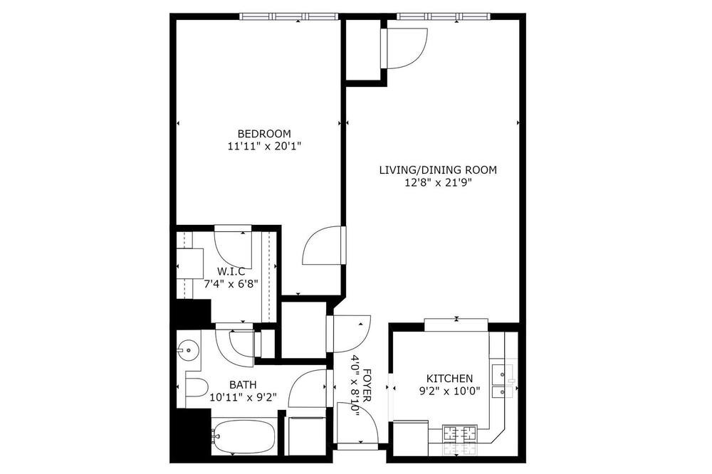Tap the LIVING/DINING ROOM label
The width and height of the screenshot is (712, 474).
point(438,170)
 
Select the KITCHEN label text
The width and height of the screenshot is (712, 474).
point(449,378)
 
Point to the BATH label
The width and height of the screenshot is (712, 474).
point(243,385)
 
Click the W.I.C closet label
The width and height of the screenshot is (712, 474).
point(231,272)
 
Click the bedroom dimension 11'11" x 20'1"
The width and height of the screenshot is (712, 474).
point(264,146)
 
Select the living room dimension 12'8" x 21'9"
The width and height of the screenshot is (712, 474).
point(438,182)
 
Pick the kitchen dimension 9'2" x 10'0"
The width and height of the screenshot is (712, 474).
point(449,391)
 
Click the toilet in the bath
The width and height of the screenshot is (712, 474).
point(197,388)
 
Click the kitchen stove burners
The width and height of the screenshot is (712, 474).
point(460,433)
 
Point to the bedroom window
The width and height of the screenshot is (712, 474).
point(289,17)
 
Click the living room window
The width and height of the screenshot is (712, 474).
point(444,17)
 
